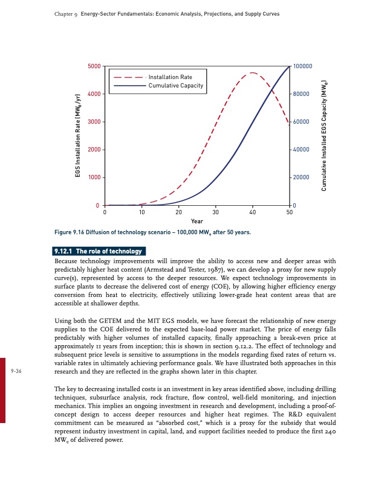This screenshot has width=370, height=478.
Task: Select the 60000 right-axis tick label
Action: point(301,122)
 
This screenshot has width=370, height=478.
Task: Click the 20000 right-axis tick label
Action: point(301,177)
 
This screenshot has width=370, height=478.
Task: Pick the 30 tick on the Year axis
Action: point(216,212)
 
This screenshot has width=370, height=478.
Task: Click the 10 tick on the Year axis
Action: point(142,212)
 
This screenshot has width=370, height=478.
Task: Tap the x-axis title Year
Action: point(197,221)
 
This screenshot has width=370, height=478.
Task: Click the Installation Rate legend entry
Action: point(170,77)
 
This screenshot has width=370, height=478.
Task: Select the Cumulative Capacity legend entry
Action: point(175,86)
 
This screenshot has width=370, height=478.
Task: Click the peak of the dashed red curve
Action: point(252,73)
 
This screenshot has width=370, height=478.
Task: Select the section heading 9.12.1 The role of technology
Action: point(98,251)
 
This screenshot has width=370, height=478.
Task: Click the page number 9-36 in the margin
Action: point(16,372)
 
